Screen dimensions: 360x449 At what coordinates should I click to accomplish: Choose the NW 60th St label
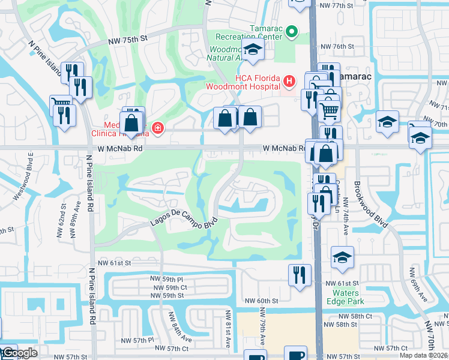tap(262, 301)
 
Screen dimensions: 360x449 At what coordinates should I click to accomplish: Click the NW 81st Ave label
tap(228, 329)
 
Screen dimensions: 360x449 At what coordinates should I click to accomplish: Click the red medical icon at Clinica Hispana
tap(158, 128)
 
